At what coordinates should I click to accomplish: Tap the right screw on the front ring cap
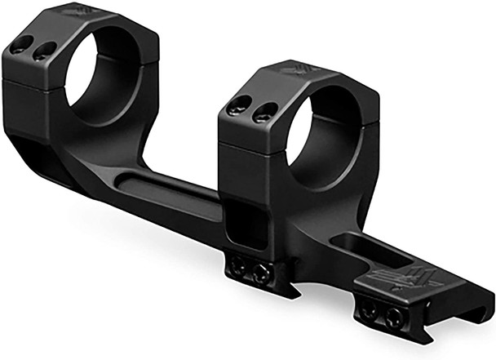pos(260,115)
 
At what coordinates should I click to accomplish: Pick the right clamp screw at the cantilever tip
pos(393,318)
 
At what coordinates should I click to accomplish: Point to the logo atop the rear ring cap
pos(77,11)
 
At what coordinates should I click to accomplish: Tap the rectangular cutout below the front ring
pos(248,224)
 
